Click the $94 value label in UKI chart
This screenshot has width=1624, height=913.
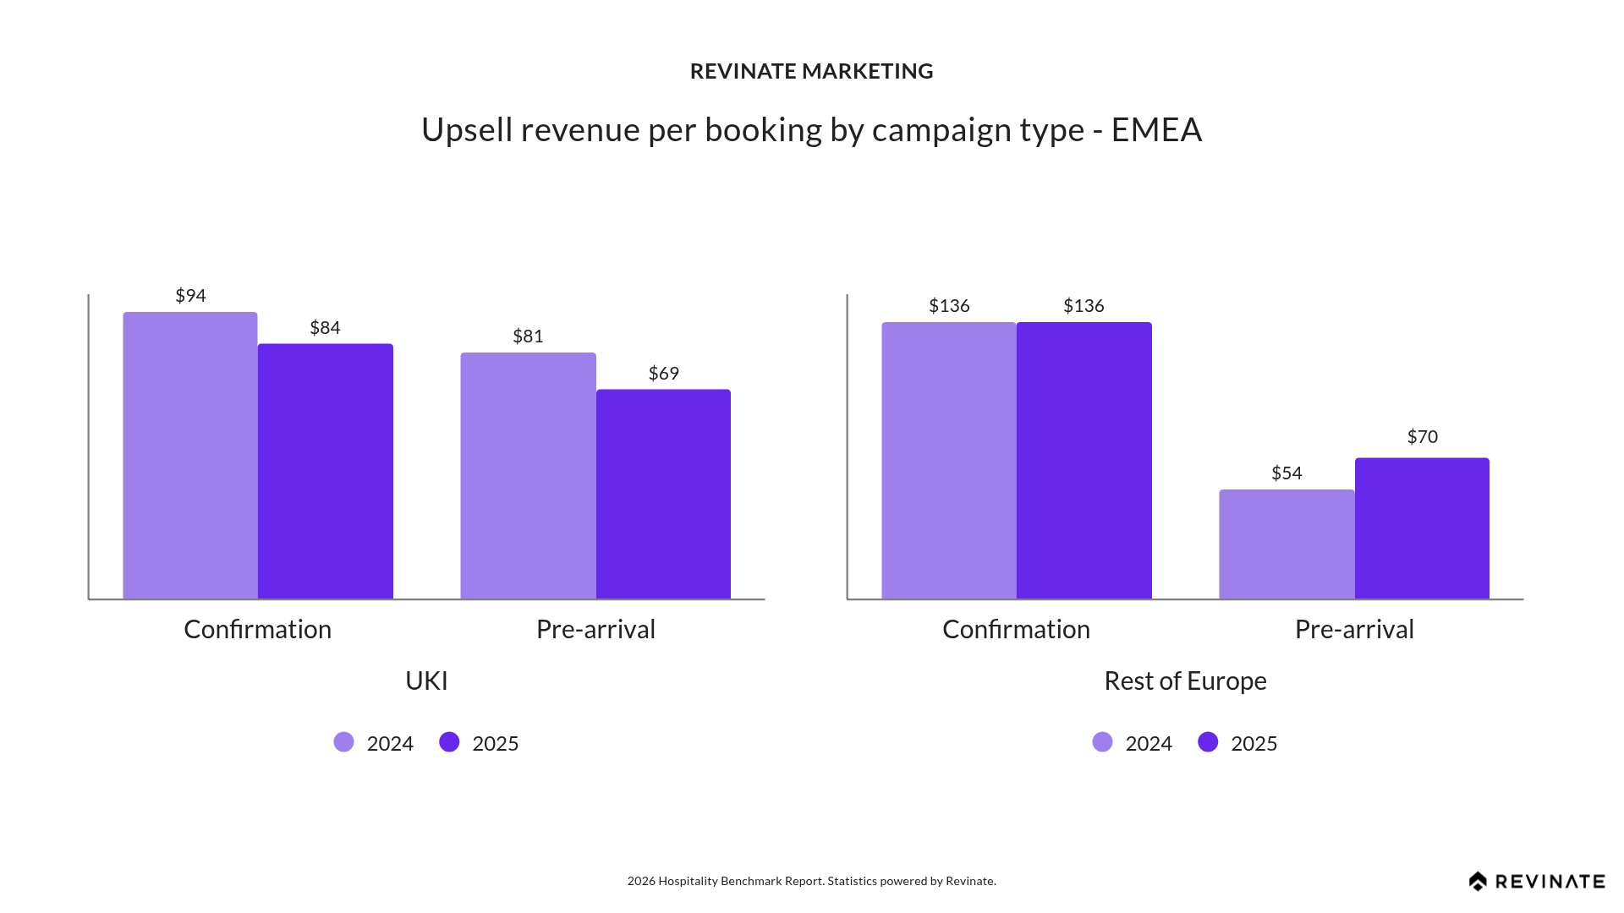pyautogui.click(x=190, y=296)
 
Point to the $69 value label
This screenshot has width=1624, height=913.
pyautogui.click(x=664, y=374)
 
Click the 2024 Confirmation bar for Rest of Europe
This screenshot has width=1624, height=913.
pyautogui.click(x=948, y=461)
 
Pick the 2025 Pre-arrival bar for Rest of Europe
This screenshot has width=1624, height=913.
pyautogui.click(x=1422, y=528)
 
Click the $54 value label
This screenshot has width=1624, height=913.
pyautogui.click(x=1287, y=473)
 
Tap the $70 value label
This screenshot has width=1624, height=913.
pyautogui.click(x=1422, y=437)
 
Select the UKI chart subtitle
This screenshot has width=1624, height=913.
pyautogui.click(x=426, y=681)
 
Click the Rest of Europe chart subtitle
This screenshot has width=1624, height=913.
pyautogui.click(x=1185, y=681)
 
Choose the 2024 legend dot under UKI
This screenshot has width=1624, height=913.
pyautogui.click(x=343, y=742)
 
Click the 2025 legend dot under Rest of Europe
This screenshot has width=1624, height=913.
pyautogui.click(x=1208, y=742)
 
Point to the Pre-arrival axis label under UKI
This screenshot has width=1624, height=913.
pyautogui.click(x=595, y=629)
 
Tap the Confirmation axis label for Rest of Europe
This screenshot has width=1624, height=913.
pyautogui.click(x=1016, y=629)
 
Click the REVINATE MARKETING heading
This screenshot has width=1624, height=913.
pyautogui.click(x=811, y=71)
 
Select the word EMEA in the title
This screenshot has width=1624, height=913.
pyautogui.click(x=1156, y=130)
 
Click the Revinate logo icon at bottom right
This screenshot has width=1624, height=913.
pyautogui.click(x=1478, y=882)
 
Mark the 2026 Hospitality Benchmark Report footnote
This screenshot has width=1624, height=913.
pyautogui.click(x=811, y=881)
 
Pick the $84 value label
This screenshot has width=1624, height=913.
pyautogui.click(x=325, y=328)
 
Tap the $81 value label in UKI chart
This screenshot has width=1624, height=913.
pyautogui.click(x=528, y=336)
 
